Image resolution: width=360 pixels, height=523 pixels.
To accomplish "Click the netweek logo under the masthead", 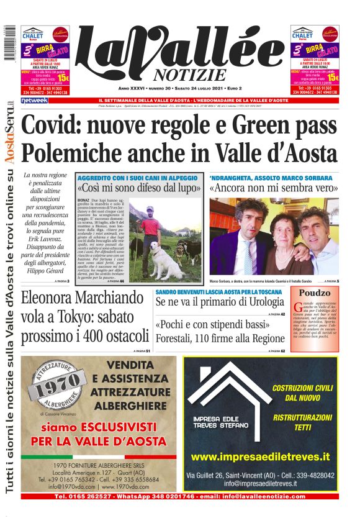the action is tap(34, 100).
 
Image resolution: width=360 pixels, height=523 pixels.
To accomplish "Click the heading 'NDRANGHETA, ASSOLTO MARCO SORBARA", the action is tap(271, 178).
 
